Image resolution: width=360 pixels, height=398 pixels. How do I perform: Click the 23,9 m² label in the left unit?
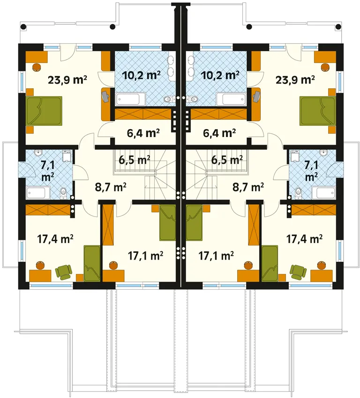[x=67, y=80]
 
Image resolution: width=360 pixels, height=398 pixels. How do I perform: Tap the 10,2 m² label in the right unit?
[x=220, y=75]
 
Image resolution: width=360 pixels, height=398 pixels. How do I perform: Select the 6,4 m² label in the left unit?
[x=143, y=133]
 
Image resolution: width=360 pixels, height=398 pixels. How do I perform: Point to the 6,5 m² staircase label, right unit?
[x=227, y=160]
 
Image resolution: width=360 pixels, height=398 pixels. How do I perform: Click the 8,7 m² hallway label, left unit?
[x=111, y=187]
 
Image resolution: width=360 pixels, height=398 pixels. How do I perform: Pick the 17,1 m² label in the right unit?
[x=216, y=256]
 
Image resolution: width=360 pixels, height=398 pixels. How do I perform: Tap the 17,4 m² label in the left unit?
[x=55, y=239]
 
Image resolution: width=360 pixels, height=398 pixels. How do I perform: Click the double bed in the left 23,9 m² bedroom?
[x=44, y=111]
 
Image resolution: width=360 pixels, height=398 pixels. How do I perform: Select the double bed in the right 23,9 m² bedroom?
[x=317, y=111]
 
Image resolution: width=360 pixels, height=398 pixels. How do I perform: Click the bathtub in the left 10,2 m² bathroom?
[x=131, y=99]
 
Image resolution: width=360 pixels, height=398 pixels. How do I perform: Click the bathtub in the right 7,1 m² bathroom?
[x=323, y=193]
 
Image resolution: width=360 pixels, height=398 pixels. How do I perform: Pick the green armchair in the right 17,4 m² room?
[x=298, y=272]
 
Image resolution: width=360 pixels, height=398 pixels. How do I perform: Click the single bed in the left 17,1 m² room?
[x=167, y=223]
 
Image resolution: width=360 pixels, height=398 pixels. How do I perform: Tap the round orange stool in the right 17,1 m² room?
[x=247, y=266]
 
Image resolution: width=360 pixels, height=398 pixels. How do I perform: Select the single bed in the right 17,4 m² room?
[x=270, y=263]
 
